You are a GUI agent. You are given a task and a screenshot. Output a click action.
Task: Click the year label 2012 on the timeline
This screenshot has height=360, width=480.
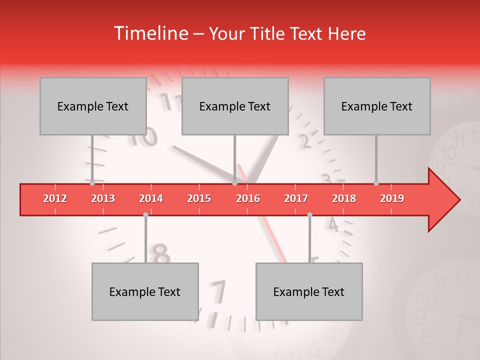[55, 198]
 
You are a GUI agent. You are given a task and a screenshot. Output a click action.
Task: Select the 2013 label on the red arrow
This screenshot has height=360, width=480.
[103, 198]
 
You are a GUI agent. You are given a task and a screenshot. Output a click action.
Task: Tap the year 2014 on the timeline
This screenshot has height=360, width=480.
[151, 198]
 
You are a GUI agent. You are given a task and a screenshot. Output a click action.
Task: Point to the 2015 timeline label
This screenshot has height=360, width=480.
[199, 198]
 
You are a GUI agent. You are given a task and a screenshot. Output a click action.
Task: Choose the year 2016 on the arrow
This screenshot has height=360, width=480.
[248, 198]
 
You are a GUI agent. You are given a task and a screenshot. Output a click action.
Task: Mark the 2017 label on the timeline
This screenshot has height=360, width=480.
[296, 198]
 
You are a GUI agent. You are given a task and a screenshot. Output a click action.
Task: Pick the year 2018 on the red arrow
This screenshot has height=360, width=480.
[344, 198]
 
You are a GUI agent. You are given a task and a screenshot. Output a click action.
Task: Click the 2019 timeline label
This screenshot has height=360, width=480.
[392, 198]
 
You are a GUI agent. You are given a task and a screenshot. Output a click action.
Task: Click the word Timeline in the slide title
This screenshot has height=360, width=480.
[150, 33]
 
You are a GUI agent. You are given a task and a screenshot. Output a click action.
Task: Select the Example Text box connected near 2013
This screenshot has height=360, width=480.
[93, 106]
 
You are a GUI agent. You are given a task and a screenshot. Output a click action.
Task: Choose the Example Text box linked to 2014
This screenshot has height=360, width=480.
[145, 291]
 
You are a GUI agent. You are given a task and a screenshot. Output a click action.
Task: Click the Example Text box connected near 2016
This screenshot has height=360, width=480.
[235, 106]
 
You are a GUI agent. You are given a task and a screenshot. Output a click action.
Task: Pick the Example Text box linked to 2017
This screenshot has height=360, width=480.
[309, 291]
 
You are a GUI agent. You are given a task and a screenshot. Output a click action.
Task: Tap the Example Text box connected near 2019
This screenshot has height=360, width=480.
[377, 106]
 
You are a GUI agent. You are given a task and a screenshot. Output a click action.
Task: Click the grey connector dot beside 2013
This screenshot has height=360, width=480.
[92, 183]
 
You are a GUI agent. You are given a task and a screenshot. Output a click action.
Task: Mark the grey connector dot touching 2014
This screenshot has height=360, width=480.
[145, 215]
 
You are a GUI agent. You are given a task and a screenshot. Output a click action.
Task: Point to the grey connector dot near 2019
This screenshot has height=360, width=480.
[376, 183]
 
